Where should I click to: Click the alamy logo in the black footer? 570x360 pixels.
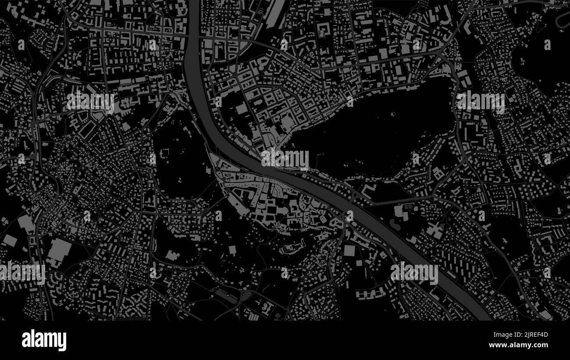coord(44,340)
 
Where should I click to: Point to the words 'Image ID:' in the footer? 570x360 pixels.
coord(509,335)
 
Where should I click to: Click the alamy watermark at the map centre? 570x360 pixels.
coord(285,159)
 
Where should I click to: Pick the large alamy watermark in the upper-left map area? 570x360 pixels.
coord(90,102)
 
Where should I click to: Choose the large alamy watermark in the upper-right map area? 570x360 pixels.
coord(481,102)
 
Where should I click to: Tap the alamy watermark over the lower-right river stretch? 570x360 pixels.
coord(414,273)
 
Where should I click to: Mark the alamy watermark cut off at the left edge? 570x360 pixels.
coord(22,273)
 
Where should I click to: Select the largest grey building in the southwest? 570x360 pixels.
coord(59,250)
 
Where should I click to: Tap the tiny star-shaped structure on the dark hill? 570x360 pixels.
coord(393,114)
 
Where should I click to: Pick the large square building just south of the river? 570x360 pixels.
coord(349,250)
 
